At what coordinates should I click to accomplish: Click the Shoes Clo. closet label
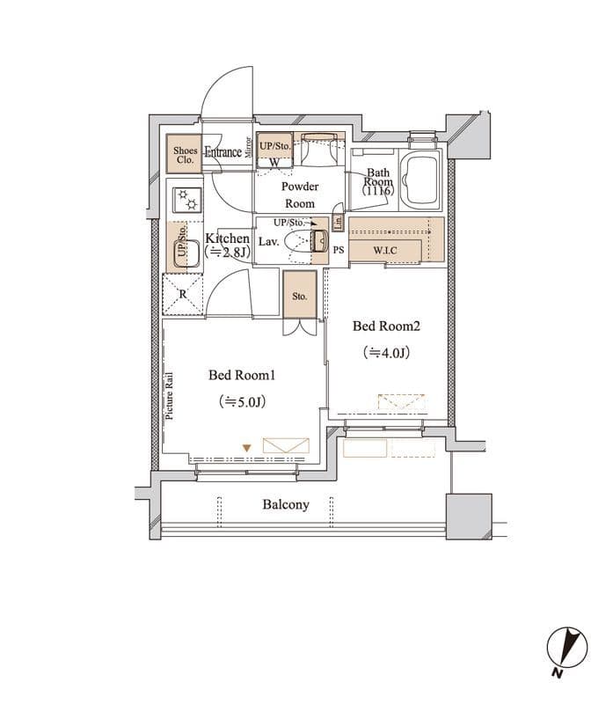(185, 155)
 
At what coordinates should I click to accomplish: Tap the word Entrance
(223, 152)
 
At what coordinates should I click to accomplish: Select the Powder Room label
(300, 194)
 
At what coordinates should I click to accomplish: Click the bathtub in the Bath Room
(420, 179)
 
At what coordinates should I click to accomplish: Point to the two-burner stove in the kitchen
(187, 201)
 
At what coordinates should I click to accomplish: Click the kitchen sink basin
(186, 253)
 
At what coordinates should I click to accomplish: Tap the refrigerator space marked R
(183, 295)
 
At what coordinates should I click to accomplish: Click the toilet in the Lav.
(306, 241)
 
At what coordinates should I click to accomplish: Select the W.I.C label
(385, 251)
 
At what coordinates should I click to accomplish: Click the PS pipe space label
(339, 250)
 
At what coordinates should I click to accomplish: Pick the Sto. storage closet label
(300, 297)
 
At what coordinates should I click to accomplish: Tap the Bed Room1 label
(242, 375)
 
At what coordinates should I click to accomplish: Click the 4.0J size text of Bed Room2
(386, 353)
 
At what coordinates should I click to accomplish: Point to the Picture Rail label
(169, 397)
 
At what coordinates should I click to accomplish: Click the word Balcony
(286, 504)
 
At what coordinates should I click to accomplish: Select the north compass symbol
(566, 648)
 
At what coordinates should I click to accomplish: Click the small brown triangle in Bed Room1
(246, 448)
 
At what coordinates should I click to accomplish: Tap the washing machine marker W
(274, 162)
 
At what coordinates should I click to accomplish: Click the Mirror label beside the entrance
(249, 147)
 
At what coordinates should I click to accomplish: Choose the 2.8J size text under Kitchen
(228, 253)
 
